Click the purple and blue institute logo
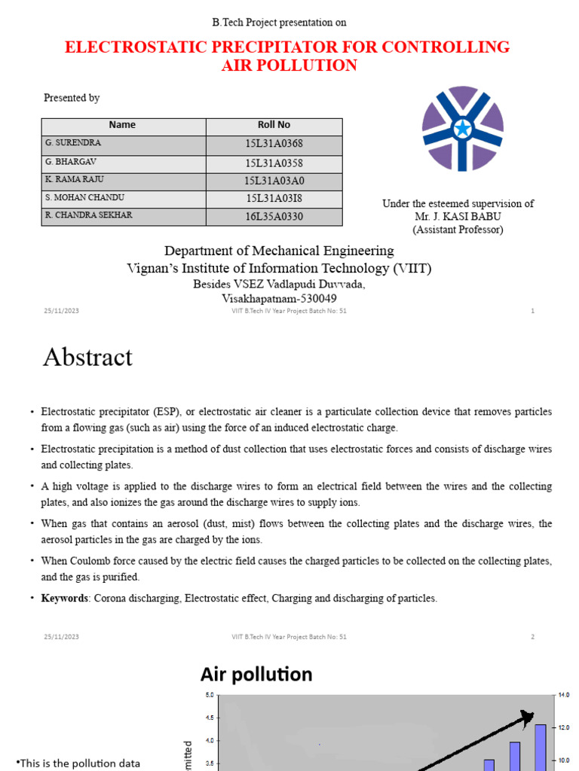pyautogui.click(x=462, y=130)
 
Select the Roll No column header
pyautogui.click(x=274, y=125)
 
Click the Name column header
pyautogui.click(x=122, y=125)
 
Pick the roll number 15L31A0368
pyautogui.click(x=274, y=144)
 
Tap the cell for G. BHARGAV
pyautogui.click(x=71, y=162)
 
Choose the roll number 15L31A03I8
pyautogui.click(x=274, y=199)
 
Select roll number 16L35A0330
pyautogui.click(x=274, y=217)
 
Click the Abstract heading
pyautogui.click(x=87, y=357)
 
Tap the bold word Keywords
pyautogui.click(x=64, y=599)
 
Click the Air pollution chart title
pyautogui.click(x=256, y=674)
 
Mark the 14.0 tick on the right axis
pyautogui.click(x=563, y=695)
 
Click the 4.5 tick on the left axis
pyautogui.click(x=210, y=718)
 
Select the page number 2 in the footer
pyautogui.click(x=532, y=637)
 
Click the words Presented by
pyautogui.click(x=72, y=98)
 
